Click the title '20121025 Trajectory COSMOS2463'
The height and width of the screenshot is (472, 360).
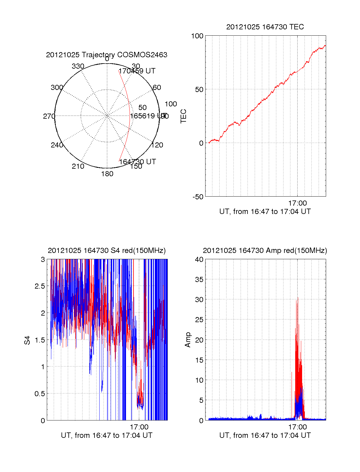(x=106, y=55)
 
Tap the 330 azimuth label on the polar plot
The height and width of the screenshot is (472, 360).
(x=78, y=66)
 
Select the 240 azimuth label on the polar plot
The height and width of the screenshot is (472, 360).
(x=57, y=145)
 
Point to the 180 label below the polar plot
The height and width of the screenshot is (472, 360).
(x=107, y=174)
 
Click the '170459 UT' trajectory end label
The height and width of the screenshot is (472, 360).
(x=137, y=71)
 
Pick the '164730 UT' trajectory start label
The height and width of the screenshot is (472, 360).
(x=137, y=162)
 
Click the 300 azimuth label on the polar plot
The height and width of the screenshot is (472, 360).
(x=57, y=88)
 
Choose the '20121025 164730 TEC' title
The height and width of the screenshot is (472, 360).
(x=265, y=27)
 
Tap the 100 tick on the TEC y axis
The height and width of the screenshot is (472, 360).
(x=197, y=36)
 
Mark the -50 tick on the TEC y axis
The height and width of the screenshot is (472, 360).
(x=198, y=197)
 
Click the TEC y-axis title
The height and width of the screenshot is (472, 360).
(x=183, y=116)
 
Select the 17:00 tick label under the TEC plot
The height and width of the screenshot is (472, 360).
(x=297, y=203)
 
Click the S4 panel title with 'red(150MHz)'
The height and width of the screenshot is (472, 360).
(x=106, y=251)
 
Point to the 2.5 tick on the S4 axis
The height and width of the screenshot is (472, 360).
(x=40, y=286)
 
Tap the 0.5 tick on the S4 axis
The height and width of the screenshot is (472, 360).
(x=40, y=393)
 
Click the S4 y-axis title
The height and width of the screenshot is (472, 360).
(x=27, y=340)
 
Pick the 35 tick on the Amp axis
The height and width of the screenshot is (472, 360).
(x=199, y=280)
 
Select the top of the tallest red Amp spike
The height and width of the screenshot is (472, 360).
(x=298, y=298)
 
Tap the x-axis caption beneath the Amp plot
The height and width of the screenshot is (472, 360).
(x=265, y=435)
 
